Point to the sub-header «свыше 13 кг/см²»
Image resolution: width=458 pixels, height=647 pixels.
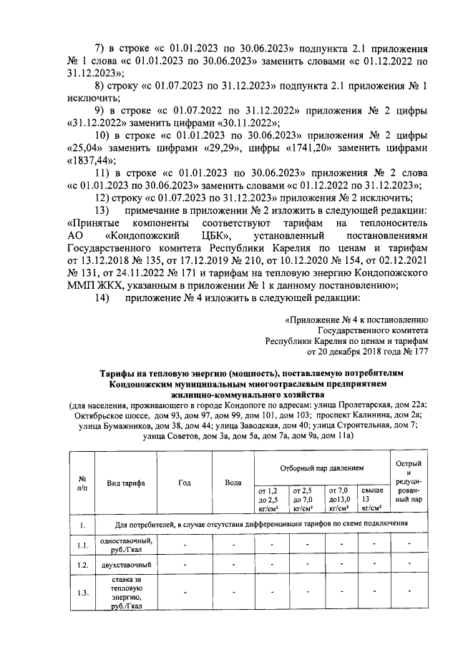pos(372,499)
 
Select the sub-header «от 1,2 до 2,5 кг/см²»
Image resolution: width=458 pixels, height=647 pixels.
pos(266,499)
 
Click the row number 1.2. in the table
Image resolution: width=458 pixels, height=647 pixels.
pos(83,565)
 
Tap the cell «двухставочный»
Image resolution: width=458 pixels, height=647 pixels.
pos(125,565)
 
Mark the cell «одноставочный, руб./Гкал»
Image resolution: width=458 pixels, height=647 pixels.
pos(125,545)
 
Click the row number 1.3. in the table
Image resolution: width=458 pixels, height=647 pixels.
pos(83,593)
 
